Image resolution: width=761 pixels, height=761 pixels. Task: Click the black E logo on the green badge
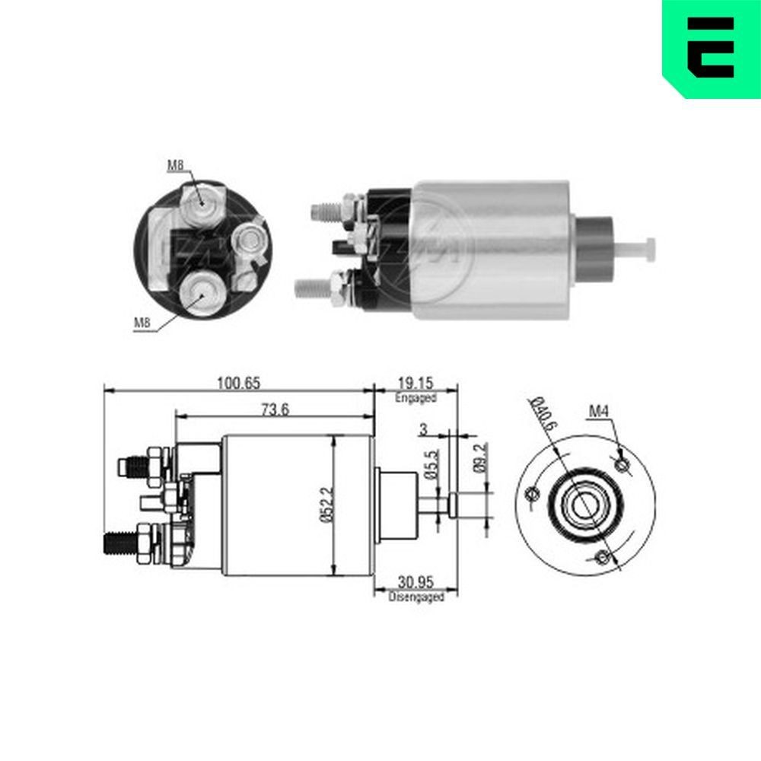[711, 46]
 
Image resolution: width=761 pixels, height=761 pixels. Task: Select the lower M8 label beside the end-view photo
[142, 323]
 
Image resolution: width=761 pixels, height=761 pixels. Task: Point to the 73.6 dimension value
[275, 409]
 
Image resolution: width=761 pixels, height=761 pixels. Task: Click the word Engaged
[416, 398]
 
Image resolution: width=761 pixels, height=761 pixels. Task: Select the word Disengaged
[416, 598]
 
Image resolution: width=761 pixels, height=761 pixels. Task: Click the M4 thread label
[599, 413]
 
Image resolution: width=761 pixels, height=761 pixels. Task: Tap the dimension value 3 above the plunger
[423, 429]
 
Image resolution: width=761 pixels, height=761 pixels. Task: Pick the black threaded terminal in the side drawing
[117, 543]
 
